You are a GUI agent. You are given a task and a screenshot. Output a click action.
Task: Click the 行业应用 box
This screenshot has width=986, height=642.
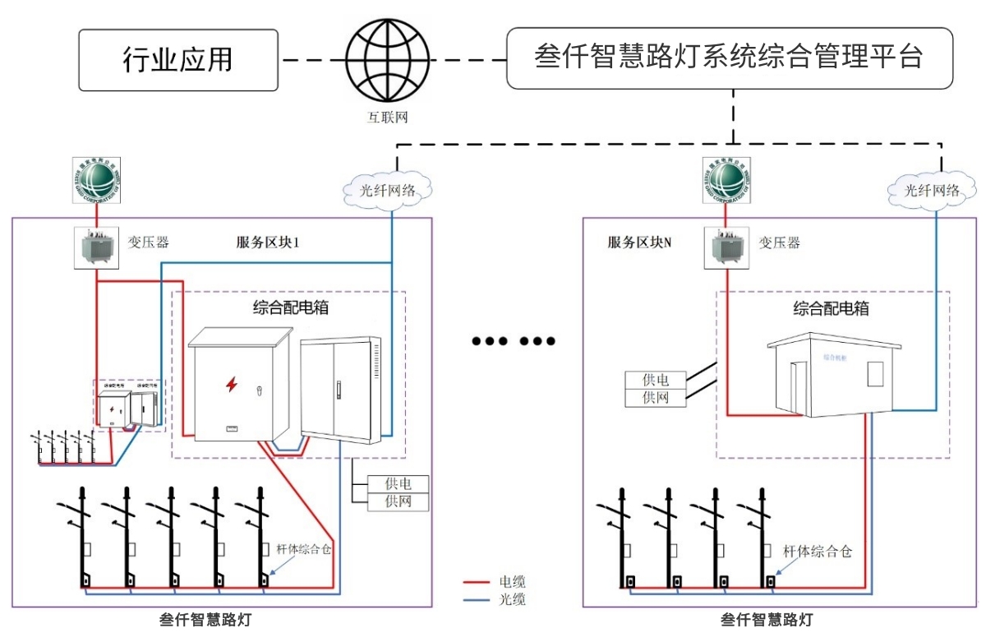[x=178, y=59]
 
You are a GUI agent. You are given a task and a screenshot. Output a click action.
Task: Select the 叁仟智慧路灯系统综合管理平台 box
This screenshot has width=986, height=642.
[x=729, y=58]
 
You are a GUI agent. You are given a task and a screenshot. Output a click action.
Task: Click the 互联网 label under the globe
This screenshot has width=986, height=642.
[x=388, y=118]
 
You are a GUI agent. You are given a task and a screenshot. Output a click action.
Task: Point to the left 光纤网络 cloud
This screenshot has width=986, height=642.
[x=389, y=190]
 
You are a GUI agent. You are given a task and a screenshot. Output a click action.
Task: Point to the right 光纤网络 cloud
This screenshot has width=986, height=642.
[x=932, y=190]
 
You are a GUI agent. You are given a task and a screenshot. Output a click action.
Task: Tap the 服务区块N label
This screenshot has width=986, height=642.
[x=640, y=242]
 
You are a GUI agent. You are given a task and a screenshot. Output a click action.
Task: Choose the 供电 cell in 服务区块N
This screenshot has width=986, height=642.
[x=655, y=381]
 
